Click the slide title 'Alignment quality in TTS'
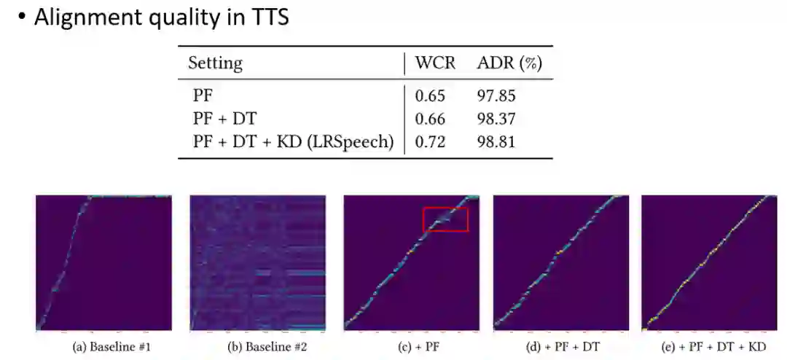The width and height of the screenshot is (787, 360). click(161, 17)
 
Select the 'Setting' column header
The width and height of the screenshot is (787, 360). click(215, 63)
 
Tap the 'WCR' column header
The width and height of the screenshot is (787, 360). click(435, 63)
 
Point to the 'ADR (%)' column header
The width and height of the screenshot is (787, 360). click(509, 63)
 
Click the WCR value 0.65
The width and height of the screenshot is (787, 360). click(428, 95)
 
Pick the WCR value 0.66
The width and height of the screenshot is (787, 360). click(428, 118)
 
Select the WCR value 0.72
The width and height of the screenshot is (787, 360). click(428, 141)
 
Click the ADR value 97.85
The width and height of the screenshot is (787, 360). click(496, 95)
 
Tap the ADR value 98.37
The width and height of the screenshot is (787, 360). click(496, 118)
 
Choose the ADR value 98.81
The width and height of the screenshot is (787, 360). click(496, 141)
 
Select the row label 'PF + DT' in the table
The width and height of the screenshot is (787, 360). click(224, 118)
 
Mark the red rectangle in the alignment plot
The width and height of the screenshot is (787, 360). click(445, 219)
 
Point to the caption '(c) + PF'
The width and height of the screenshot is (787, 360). click(411, 347)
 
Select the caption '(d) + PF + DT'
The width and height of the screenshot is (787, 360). click(562, 347)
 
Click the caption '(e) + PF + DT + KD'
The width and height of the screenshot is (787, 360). click(709, 347)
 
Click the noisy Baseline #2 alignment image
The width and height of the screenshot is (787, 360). click(257, 263)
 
